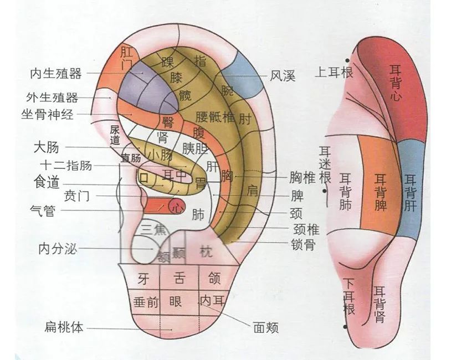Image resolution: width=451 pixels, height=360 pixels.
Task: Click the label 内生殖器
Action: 56,73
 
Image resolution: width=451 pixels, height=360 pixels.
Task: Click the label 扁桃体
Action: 64,327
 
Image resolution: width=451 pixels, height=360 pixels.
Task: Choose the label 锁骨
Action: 302,244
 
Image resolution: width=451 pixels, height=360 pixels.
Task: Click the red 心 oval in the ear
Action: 177,207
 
